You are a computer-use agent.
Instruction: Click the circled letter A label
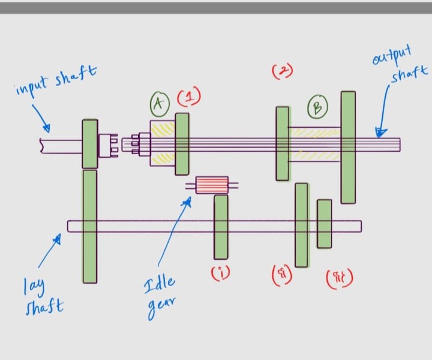coord(158,104)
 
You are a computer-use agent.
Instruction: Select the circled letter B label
coord(317,108)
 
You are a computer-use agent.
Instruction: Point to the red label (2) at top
coord(282,71)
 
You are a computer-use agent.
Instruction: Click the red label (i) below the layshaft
coord(220,274)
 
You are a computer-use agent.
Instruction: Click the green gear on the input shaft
coord(90,144)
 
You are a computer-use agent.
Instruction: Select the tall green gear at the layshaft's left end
coord(89,226)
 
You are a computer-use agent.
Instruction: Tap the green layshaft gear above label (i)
coord(221,227)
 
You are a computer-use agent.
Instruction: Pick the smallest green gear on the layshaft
coord(325,223)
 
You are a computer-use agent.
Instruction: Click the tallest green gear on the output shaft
coord(348,147)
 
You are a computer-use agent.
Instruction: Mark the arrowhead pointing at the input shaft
coord(47,128)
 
